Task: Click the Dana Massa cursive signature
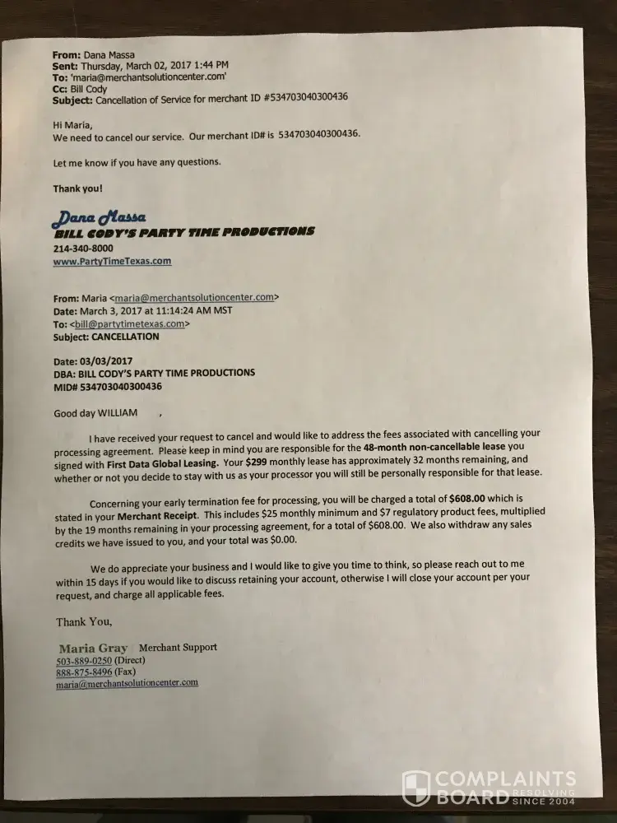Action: [99, 217]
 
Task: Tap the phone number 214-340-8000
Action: [83, 249]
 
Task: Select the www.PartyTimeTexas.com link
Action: [112, 262]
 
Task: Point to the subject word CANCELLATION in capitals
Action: [125, 337]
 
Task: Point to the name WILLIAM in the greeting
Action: [117, 412]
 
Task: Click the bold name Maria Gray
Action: [93, 649]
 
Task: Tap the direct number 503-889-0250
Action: [84, 661]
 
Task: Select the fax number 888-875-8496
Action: [84, 672]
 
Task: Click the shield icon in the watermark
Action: [415, 788]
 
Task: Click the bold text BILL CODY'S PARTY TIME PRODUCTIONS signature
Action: [183, 232]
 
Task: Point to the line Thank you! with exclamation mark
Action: [78, 188]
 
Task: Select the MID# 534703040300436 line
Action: [107, 386]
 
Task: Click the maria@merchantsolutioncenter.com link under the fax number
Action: [127, 683]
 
